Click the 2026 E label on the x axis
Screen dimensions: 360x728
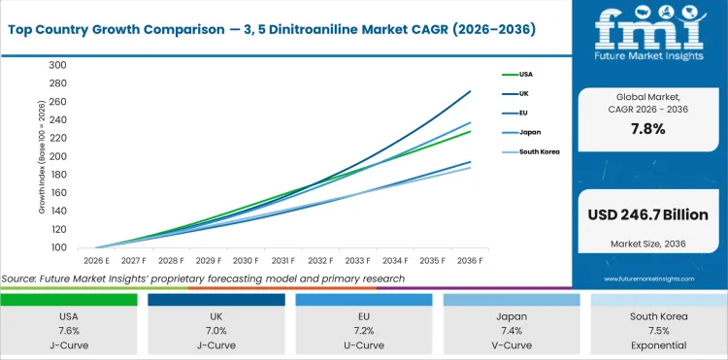coord(95,260)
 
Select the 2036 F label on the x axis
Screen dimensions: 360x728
coord(471,260)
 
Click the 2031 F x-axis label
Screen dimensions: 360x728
coord(282,260)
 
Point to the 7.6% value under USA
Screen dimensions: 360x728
coord(69,332)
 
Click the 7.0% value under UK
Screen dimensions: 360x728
coord(215,332)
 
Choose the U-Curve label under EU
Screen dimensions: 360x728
coord(363,345)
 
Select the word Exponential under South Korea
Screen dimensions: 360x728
coord(658,345)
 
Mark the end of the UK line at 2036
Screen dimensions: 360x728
coord(471,92)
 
